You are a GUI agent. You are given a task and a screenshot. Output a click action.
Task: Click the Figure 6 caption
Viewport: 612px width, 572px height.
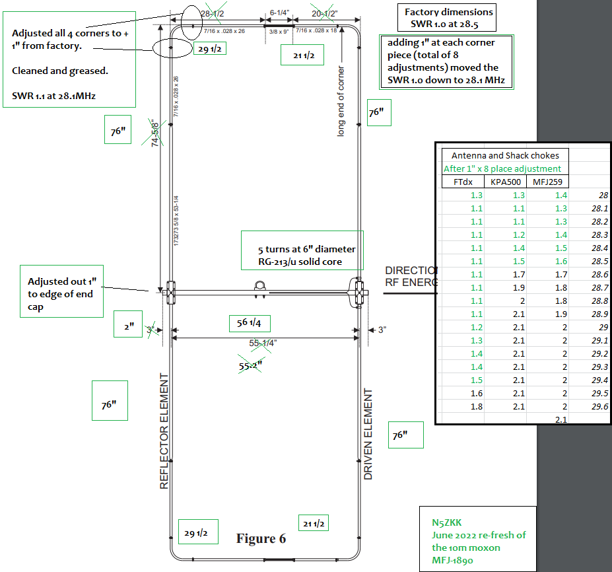click(x=261, y=539)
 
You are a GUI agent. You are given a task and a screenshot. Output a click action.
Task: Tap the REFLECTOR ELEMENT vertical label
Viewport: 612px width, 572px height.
click(x=165, y=431)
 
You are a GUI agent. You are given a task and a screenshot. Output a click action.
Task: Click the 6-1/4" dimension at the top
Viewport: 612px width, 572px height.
click(x=279, y=13)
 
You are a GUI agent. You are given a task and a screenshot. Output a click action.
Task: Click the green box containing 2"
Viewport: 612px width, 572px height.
click(x=128, y=325)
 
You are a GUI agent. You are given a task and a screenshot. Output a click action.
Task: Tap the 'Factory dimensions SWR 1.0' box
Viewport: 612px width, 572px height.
click(x=449, y=18)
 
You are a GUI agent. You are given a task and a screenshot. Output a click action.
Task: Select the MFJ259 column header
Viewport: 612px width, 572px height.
click(x=547, y=182)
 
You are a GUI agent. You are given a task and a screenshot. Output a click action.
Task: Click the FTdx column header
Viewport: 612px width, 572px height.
click(x=463, y=182)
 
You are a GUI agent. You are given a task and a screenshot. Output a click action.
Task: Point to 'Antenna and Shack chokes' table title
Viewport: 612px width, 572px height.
click(x=505, y=156)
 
